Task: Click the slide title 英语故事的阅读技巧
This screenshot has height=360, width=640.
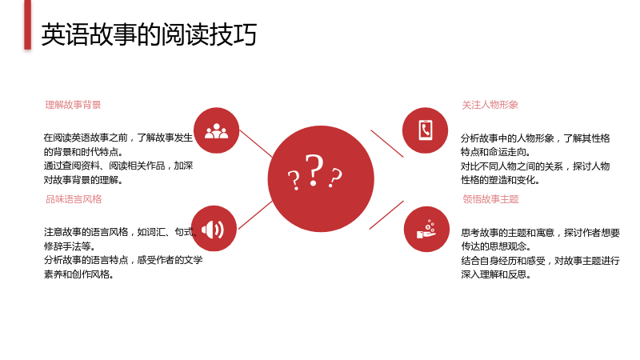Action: click(149, 34)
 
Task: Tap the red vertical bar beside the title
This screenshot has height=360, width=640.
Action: click(27, 25)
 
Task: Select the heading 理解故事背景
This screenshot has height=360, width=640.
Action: click(73, 105)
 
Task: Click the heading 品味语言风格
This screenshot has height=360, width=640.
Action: click(74, 199)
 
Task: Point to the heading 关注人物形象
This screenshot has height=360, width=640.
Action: click(490, 105)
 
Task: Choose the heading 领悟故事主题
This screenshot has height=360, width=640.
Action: click(490, 199)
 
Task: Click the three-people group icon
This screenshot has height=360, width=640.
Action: click(216, 131)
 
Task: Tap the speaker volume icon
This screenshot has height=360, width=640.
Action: click(213, 230)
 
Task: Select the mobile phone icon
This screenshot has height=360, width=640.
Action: click(426, 130)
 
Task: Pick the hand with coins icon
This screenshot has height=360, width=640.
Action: click(426, 229)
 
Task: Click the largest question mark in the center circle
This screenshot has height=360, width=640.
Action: click(314, 170)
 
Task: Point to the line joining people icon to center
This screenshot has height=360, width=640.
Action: click(255, 143)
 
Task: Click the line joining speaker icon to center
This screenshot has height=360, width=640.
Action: click(255, 214)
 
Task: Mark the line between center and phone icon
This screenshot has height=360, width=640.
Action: click(387, 143)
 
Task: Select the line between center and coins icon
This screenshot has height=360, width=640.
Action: click(386, 214)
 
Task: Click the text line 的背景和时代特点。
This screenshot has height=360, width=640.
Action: click(83, 152)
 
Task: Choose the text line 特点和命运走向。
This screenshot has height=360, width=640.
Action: click(495, 152)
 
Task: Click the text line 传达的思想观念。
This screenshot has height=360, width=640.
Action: click(496, 246)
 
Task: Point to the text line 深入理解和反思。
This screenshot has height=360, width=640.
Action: click(496, 274)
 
